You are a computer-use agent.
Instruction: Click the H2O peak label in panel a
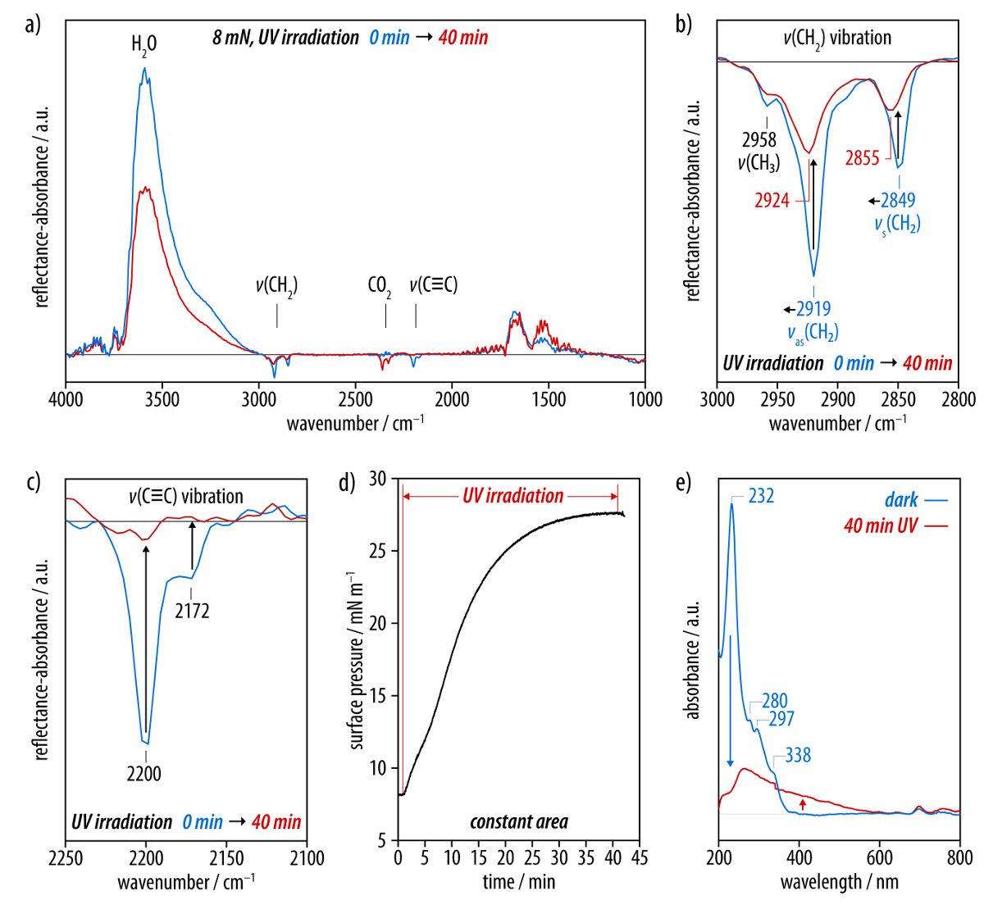(143, 43)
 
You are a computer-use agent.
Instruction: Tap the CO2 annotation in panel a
(379, 286)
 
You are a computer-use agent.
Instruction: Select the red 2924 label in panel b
(772, 200)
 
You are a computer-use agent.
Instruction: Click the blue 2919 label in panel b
(813, 309)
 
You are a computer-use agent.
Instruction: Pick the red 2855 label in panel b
(862, 158)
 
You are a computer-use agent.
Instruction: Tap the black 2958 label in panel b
(759, 140)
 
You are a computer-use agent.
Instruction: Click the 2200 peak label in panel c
(144, 773)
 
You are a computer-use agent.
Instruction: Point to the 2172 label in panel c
(192, 611)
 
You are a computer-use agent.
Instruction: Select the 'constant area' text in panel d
(518, 821)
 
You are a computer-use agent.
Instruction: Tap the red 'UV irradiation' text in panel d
(512, 496)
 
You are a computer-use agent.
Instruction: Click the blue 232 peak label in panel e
(761, 496)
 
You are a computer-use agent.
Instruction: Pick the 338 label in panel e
(798, 755)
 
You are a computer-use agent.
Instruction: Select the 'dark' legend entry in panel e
(901, 500)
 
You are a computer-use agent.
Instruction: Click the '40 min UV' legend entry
(881, 525)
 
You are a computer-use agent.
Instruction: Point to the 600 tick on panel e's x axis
(879, 858)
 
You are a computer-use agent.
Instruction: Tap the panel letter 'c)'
(33, 482)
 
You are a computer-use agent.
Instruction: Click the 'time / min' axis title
(518, 882)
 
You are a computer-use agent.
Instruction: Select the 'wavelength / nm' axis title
(839, 882)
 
